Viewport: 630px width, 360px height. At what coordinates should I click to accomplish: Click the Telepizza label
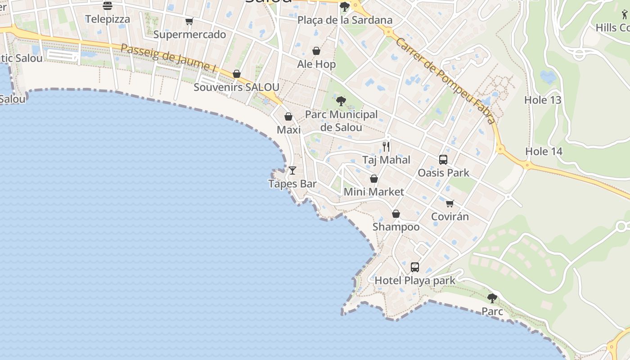click(x=108, y=19)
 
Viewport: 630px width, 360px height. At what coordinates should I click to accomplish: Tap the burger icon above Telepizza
click(x=108, y=6)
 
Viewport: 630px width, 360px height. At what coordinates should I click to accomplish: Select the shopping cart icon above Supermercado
click(x=189, y=21)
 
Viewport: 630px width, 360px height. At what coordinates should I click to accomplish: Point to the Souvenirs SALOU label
click(x=236, y=87)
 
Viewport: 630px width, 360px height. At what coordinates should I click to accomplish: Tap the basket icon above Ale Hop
click(x=316, y=51)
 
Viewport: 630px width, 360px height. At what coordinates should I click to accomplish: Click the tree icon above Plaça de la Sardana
click(x=345, y=7)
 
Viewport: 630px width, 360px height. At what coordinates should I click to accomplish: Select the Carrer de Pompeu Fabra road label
click(x=445, y=80)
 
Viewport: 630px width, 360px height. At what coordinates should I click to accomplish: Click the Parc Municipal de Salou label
click(x=341, y=121)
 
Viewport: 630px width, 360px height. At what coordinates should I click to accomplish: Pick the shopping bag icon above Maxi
click(x=288, y=117)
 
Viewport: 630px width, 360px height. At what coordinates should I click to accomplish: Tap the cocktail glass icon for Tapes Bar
click(x=292, y=171)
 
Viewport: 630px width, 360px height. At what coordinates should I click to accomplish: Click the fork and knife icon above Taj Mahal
click(x=386, y=147)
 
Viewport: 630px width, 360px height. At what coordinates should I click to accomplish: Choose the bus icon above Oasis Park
click(x=443, y=160)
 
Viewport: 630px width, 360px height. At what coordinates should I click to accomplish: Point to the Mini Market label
click(x=373, y=192)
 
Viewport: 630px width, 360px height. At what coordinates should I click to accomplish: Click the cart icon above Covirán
click(x=450, y=203)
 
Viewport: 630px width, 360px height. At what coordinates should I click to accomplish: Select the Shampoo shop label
click(x=396, y=227)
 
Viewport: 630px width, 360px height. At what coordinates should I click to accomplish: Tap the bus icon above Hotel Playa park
click(x=415, y=267)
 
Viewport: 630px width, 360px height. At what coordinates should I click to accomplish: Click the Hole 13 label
click(x=543, y=100)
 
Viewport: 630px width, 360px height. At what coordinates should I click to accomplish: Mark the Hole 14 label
click(x=544, y=151)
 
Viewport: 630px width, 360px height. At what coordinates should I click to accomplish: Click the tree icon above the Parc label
click(x=492, y=298)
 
